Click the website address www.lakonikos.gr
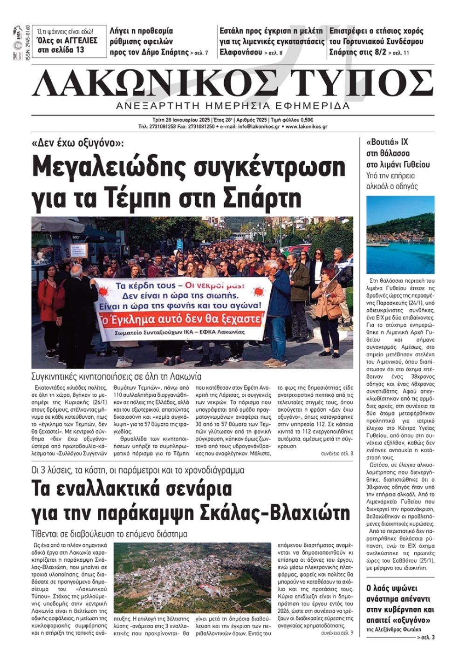click(306, 127)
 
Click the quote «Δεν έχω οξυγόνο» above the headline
click(78, 143)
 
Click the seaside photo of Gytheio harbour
click(400, 235)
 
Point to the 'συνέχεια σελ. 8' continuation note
click(336, 454)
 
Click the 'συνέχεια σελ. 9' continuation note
click(336, 633)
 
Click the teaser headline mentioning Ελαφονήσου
click(272, 41)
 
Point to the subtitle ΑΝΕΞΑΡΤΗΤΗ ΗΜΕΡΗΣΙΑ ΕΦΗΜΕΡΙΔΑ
click(233, 106)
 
